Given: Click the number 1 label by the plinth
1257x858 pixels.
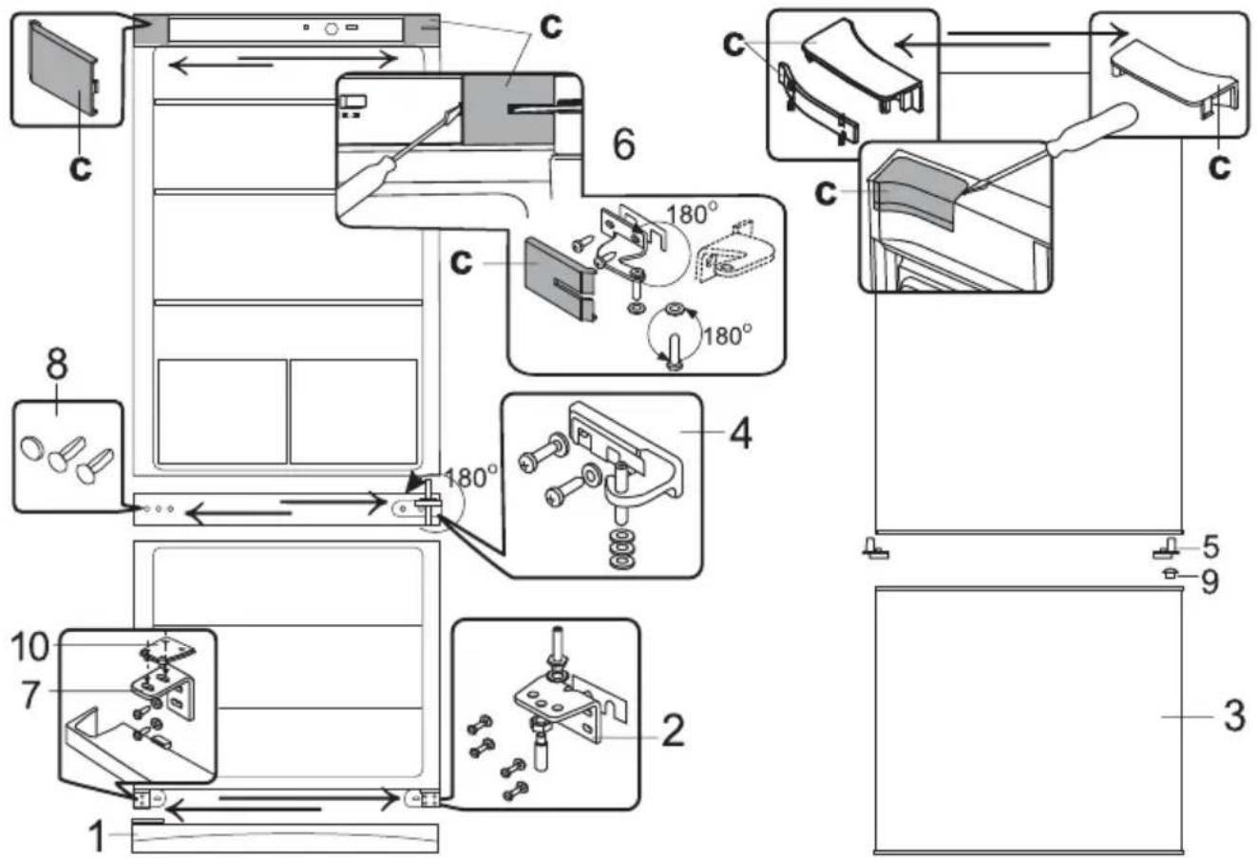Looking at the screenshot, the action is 97,836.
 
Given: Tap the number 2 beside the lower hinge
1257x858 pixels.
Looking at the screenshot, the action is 673,730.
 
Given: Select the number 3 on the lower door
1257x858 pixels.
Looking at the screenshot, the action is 1234,716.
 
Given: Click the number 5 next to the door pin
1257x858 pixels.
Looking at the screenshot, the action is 1210,546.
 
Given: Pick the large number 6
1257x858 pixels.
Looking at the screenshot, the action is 623,143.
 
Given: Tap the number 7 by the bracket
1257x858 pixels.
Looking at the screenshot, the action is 31,695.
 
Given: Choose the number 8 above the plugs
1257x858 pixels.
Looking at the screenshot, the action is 57,364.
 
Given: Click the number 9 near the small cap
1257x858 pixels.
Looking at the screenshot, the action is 1209,582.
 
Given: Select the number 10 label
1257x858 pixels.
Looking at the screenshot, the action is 29,646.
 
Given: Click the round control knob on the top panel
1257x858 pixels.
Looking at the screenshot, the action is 332,29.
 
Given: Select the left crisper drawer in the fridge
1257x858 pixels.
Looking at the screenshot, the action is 222,411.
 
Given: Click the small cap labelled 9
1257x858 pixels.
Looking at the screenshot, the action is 1169,573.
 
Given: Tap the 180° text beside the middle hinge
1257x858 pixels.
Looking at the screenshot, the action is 470,477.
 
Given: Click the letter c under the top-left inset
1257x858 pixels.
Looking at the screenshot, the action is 80,166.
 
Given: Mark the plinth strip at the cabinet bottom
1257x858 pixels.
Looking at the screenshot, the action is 285,838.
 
